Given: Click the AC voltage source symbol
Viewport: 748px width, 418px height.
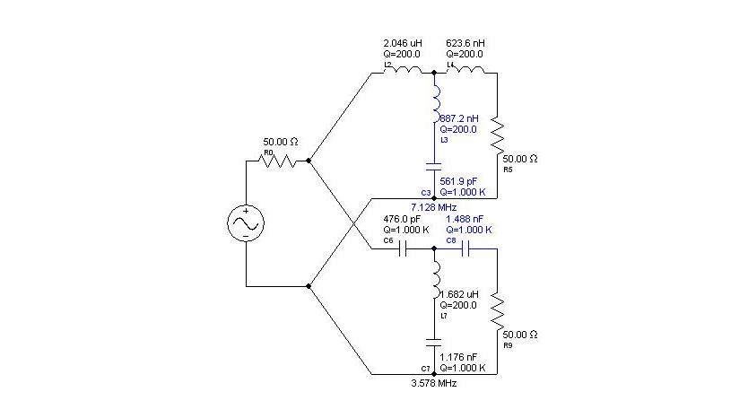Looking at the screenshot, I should pyautogui.click(x=245, y=223).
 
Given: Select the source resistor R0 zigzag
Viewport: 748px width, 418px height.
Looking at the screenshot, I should pyautogui.click(x=277, y=161).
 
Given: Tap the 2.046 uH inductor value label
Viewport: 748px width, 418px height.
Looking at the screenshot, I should pyautogui.click(x=402, y=43).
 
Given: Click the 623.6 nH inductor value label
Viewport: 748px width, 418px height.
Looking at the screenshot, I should pyautogui.click(x=466, y=43).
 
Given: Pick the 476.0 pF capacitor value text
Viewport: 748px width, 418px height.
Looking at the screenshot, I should pyautogui.click(x=403, y=218).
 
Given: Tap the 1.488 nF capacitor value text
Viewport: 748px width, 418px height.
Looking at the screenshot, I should pyautogui.click(x=467, y=218).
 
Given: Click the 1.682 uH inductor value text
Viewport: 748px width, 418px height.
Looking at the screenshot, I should pyautogui.click(x=460, y=293).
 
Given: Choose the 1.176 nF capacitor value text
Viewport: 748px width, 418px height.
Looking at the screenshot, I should pyautogui.click(x=460, y=357).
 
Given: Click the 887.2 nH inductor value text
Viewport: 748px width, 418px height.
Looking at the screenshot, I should pyautogui.click(x=459, y=118).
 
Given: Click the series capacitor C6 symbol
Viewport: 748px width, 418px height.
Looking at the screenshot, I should pyautogui.click(x=404, y=250).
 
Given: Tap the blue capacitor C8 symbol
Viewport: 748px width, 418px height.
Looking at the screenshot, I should pyautogui.click(x=466, y=250).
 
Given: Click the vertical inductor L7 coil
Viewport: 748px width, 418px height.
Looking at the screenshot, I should pyautogui.click(x=435, y=282).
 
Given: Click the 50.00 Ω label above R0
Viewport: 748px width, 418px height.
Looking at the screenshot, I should pyautogui.click(x=280, y=142).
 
